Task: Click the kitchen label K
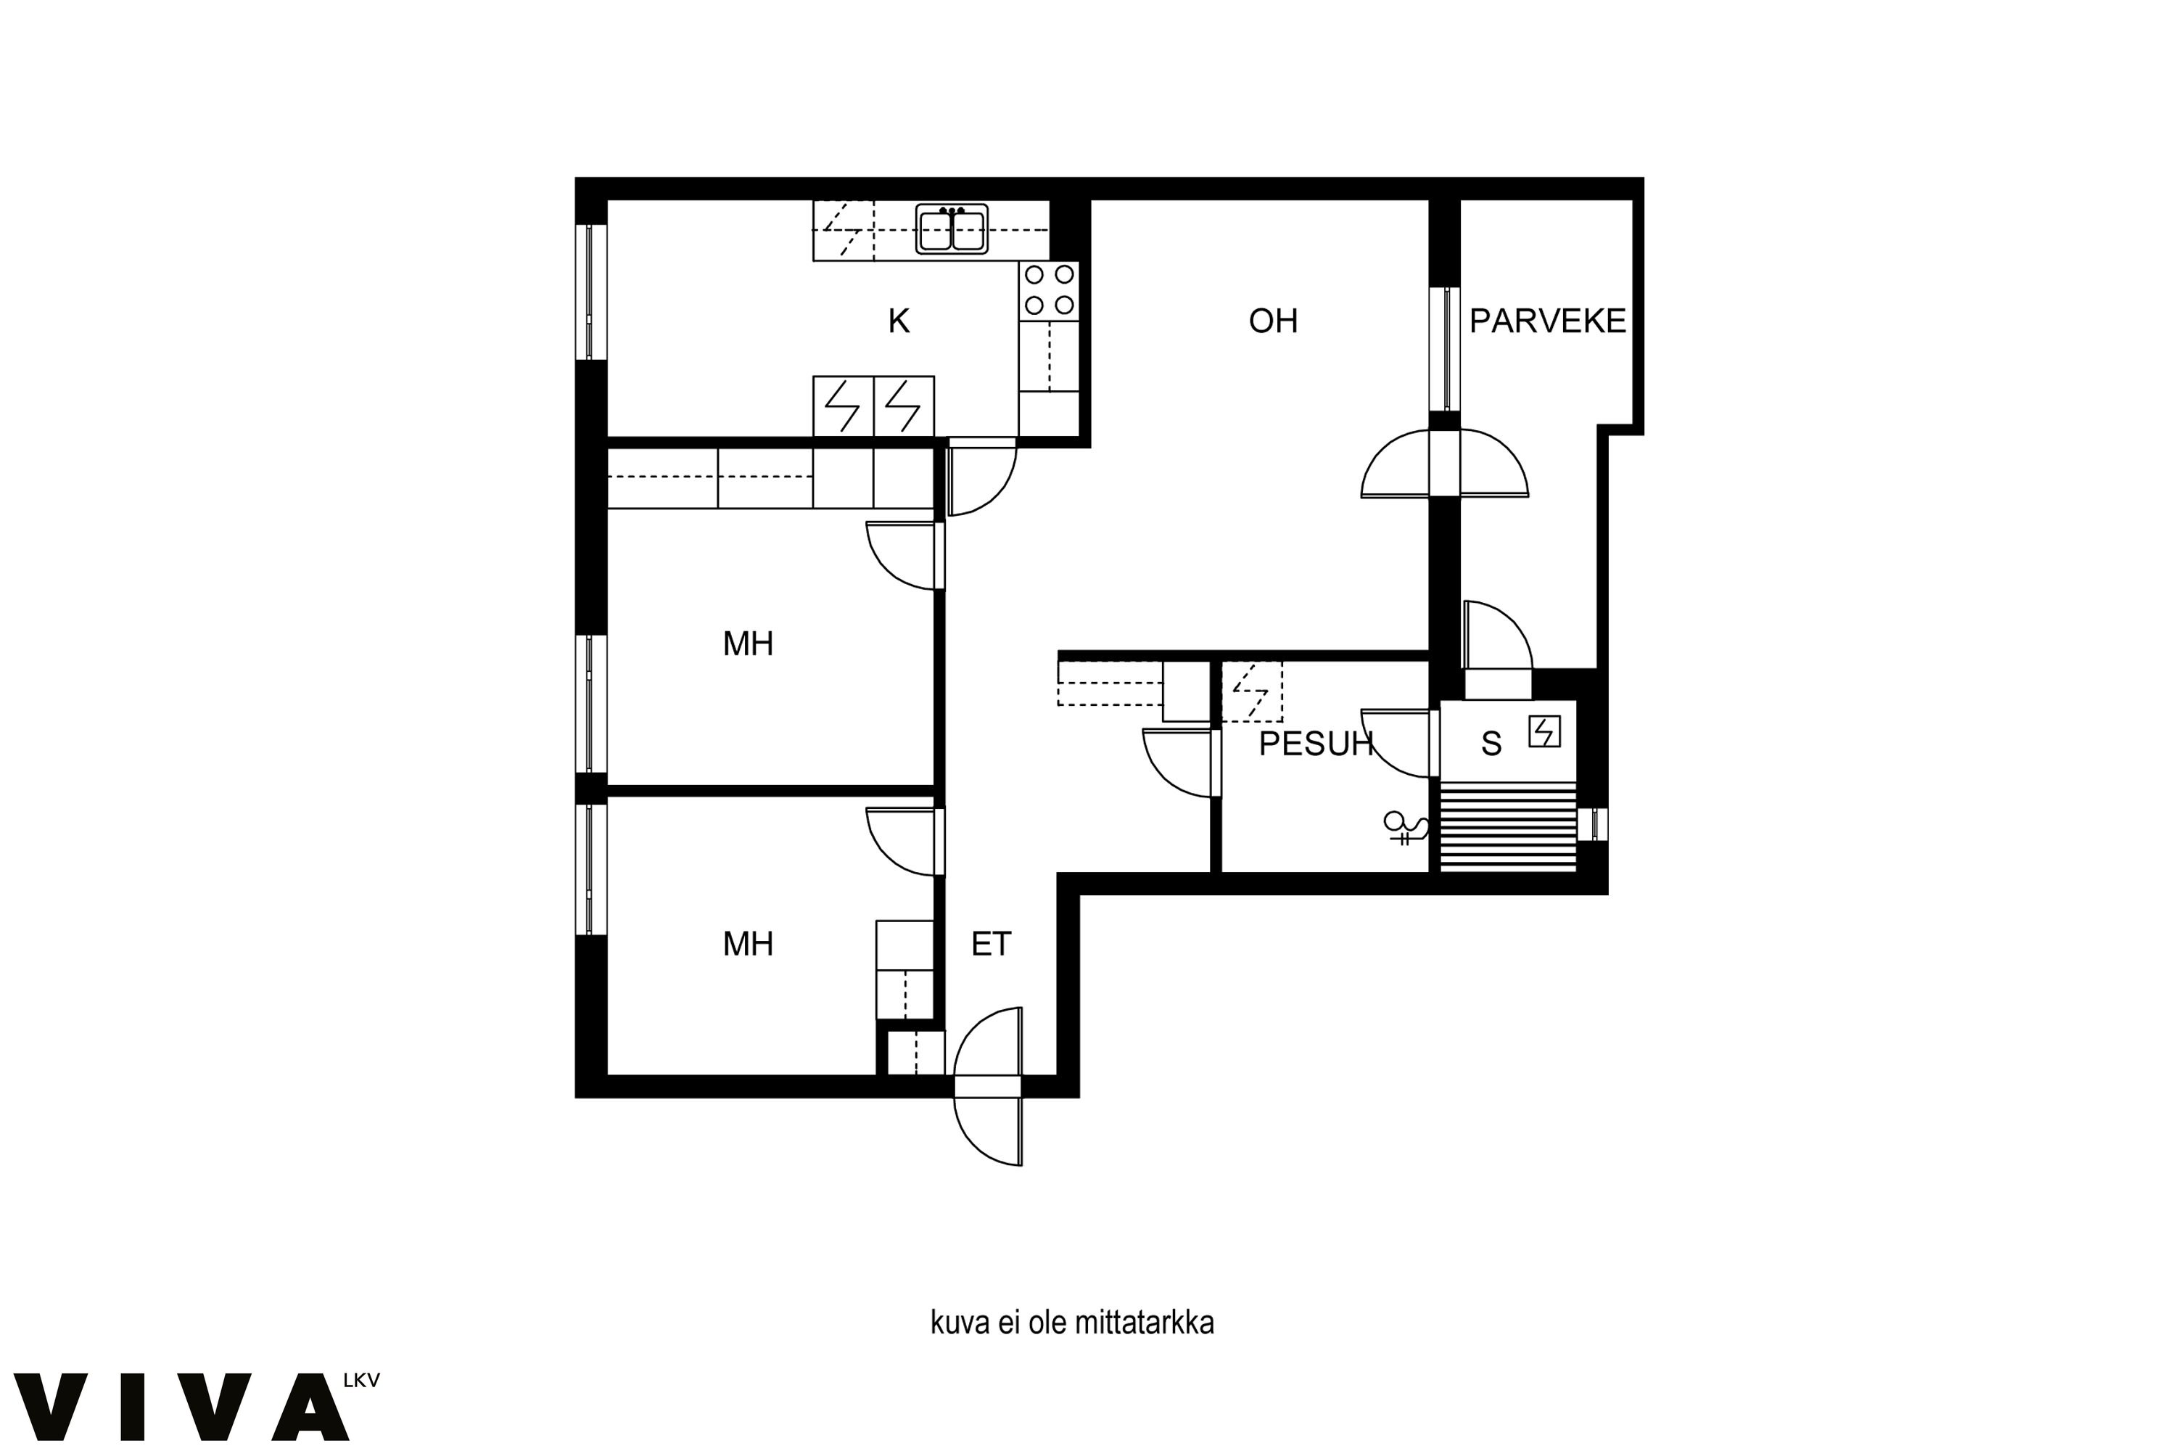tap(899, 321)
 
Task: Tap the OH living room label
tap(1273, 321)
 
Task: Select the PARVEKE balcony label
tap(1548, 321)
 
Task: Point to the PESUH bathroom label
tap(1316, 744)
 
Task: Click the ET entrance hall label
tap(991, 944)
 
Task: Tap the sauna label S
tap(1491, 744)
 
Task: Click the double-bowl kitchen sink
tap(952, 229)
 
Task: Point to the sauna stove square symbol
tap(1544, 731)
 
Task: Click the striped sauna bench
tap(1508, 826)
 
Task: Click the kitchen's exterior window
tap(590, 292)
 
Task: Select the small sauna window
tap(1592, 823)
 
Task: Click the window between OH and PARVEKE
tap(1444, 349)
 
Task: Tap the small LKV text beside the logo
tap(360, 1381)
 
